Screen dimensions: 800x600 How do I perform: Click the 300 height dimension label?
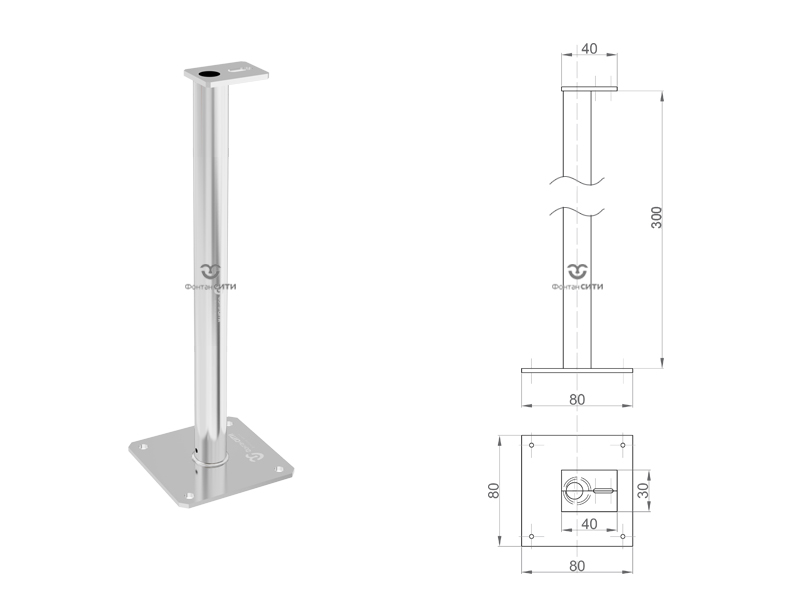(x=657, y=217)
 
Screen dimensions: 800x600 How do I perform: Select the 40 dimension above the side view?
(x=589, y=48)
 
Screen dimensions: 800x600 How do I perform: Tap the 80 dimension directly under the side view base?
(x=577, y=399)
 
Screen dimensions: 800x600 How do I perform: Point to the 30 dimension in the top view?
(x=643, y=490)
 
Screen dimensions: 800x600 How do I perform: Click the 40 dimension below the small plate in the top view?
(x=589, y=524)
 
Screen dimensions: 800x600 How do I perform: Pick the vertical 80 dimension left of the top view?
(x=493, y=490)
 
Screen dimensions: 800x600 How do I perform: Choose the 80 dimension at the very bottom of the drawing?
(x=577, y=566)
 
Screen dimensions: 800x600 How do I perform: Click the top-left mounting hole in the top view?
(x=532, y=445)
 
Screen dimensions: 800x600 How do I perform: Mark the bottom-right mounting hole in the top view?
(x=623, y=536)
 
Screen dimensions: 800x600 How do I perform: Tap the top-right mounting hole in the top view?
(x=623, y=445)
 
